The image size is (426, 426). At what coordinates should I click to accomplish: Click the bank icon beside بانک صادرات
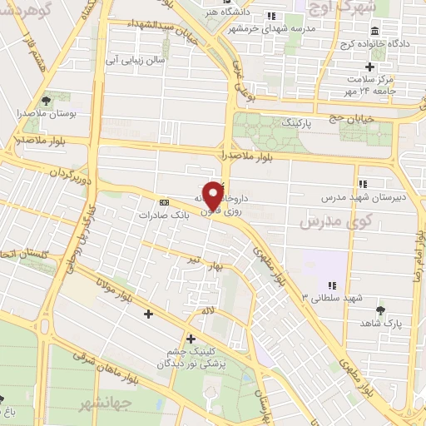[x=164, y=201]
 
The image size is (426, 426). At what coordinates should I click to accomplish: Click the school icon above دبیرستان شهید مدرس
[x=361, y=184]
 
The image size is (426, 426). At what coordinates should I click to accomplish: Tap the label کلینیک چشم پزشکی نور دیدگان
[x=191, y=359]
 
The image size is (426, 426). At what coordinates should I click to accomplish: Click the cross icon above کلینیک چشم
[x=191, y=339]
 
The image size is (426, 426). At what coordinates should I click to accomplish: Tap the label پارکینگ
[x=300, y=121]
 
